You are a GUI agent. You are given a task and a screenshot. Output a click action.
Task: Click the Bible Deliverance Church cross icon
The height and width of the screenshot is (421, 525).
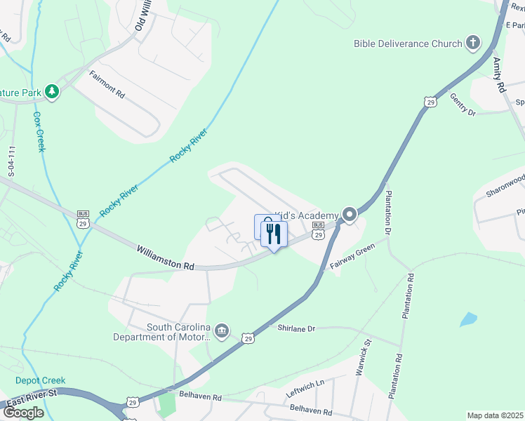pos(473,44)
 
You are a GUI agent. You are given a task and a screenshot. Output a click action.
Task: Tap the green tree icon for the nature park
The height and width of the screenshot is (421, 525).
pos(51,91)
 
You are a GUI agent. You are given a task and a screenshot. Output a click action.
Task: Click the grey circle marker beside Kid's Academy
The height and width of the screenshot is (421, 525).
pos(350,215)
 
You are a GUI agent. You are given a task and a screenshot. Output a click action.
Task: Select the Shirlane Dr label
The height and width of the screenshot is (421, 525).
pos(297,328)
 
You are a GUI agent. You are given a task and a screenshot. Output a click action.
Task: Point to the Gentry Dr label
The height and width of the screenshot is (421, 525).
pos(463,104)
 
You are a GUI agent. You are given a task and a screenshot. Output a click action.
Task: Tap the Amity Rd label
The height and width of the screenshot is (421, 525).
pos(499,76)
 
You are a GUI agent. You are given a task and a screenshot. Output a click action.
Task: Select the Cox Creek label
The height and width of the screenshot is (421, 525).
pos(39,131)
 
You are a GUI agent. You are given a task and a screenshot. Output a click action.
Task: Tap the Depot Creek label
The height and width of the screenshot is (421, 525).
pos(41,380)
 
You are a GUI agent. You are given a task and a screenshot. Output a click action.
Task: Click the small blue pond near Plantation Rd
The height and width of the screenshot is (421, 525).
pos(468,320)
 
